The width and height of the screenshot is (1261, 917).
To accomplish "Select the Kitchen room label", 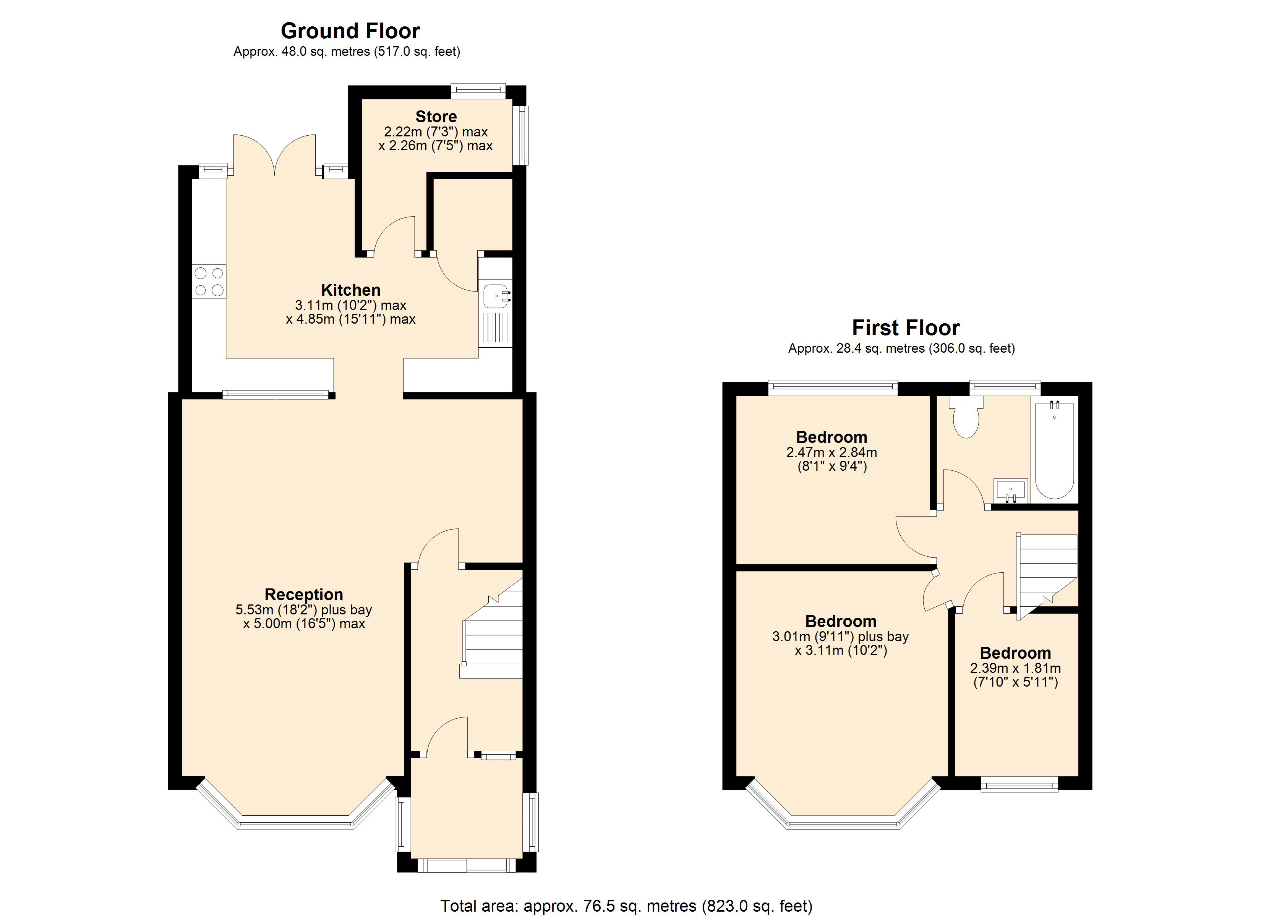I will coord(350,290).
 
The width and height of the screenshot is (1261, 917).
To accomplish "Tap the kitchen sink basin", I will coord(495,296).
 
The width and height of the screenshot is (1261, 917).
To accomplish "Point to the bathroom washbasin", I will coord(1010,491).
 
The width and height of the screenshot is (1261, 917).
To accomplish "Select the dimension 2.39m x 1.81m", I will coord(1015,668).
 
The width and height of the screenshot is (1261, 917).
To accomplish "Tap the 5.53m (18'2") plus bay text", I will coord(303,609).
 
